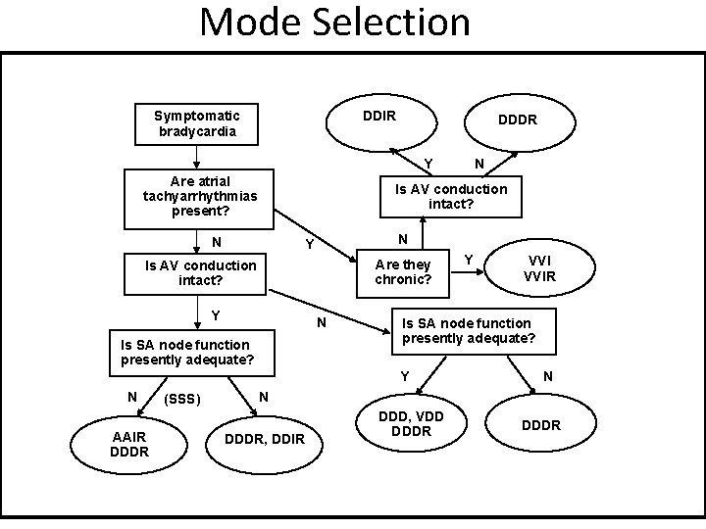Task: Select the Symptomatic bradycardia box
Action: (x=197, y=122)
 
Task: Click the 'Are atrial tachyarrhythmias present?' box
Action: (x=200, y=196)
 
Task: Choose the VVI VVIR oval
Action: (x=539, y=267)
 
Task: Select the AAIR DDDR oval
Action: (x=129, y=444)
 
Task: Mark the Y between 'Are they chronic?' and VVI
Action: (x=469, y=260)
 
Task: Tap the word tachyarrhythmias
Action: (x=200, y=196)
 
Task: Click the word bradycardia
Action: (x=197, y=131)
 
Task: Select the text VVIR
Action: (x=539, y=276)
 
